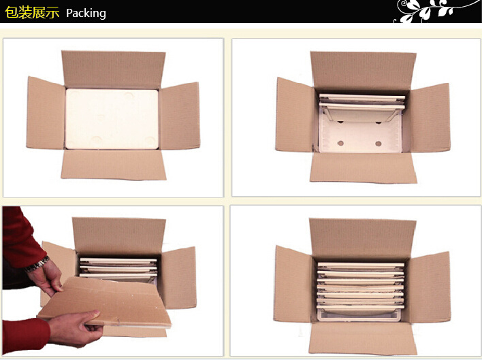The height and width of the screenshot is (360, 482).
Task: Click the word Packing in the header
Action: (86, 13)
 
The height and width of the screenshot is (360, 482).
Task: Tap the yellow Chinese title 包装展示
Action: (32, 13)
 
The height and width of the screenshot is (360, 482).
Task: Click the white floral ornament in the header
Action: (434, 11)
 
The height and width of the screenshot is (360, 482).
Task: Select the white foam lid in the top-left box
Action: (112, 119)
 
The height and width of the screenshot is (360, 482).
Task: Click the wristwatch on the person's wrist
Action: (37, 264)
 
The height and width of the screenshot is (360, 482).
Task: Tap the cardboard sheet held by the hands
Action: (105, 302)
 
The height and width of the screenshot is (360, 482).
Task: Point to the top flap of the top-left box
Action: (114, 69)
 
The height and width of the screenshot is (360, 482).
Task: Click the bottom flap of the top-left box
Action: (114, 164)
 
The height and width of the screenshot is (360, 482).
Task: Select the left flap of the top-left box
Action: (46, 113)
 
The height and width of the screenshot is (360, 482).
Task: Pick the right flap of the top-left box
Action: (179, 116)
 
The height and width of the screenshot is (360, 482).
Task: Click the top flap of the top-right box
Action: (363, 71)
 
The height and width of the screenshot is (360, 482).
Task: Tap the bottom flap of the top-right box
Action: (364, 167)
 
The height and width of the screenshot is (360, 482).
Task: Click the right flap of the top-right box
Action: (430, 118)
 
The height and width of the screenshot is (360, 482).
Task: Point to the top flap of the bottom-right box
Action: (363, 238)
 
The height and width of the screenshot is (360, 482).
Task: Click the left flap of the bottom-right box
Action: (293, 284)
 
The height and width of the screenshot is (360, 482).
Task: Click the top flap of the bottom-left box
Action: (119, 235)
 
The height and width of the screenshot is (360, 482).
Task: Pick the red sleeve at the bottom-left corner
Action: (25, 335)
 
